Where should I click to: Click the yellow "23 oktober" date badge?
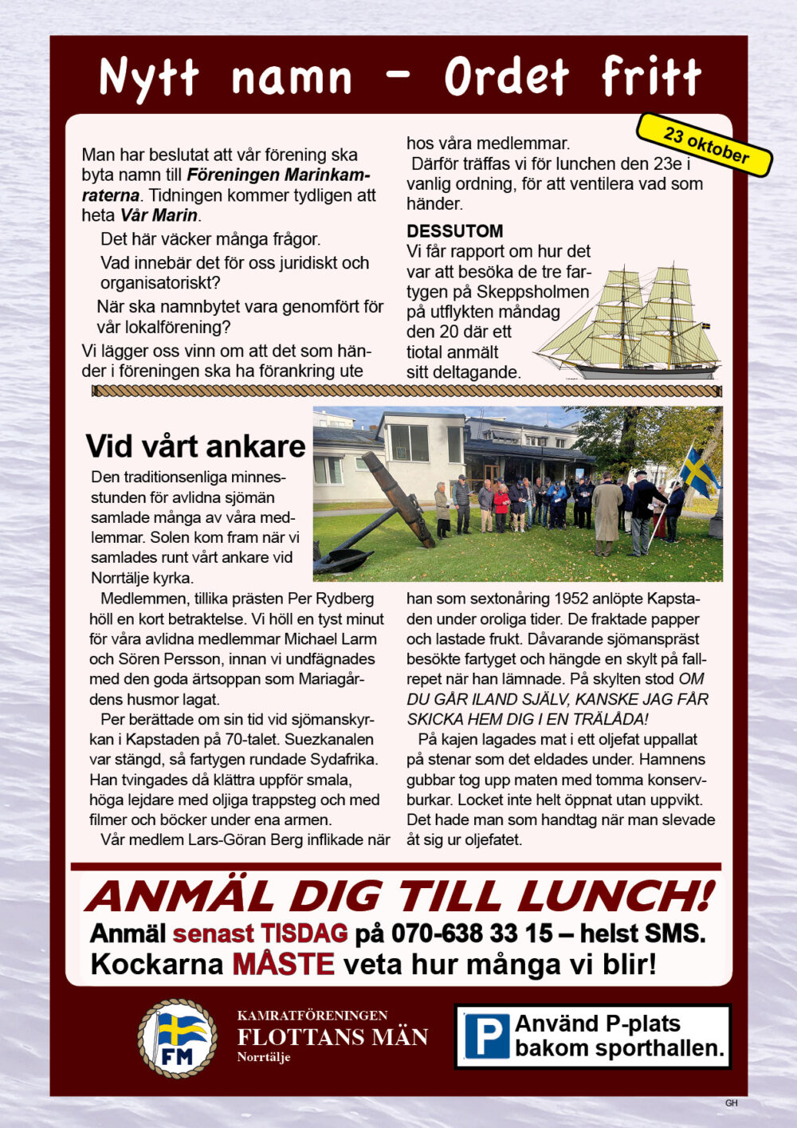705,145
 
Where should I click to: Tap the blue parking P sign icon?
486,1036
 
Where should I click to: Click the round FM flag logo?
177,1039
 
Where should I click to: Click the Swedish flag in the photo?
698,471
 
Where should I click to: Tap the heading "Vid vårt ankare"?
195,446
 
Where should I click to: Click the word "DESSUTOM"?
454,231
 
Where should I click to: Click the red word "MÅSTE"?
283,965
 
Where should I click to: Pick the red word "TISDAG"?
304,933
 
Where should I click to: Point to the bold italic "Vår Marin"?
159,215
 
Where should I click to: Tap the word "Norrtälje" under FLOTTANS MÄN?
264,1058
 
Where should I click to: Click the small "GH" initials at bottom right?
731,1103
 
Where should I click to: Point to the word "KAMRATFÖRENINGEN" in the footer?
312,1016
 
